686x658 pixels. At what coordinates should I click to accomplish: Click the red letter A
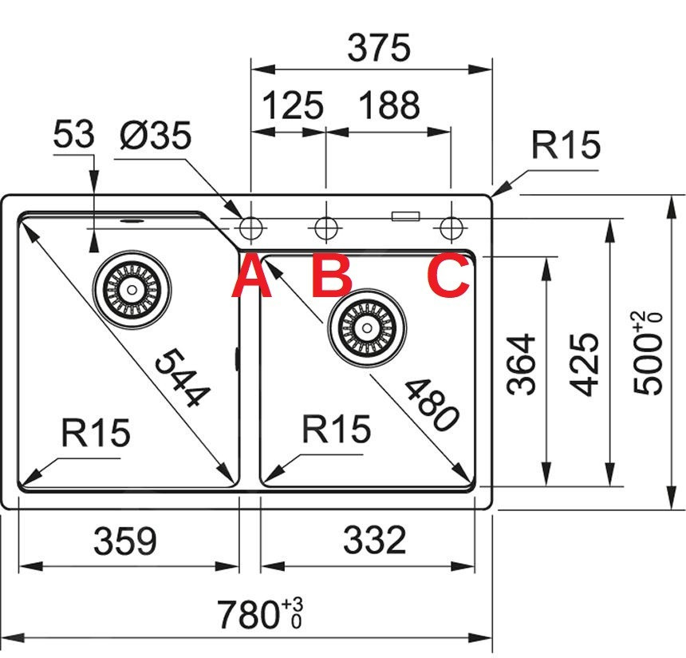251,276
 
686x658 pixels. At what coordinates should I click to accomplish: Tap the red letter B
331,276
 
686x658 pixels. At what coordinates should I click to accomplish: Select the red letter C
447,276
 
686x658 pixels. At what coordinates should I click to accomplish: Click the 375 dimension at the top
378,49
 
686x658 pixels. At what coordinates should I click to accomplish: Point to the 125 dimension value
293,105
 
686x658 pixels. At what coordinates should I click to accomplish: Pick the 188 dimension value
389,105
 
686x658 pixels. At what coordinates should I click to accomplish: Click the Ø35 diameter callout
156,136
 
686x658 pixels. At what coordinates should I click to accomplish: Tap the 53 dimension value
73,136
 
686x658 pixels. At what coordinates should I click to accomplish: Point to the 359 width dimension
125,541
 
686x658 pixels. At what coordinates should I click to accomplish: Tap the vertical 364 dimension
522,363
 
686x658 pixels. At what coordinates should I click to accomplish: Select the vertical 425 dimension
586,363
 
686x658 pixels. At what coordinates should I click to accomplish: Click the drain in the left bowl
132,285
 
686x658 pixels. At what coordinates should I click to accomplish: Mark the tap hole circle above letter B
325,228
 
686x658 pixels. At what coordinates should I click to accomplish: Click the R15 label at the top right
566,145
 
